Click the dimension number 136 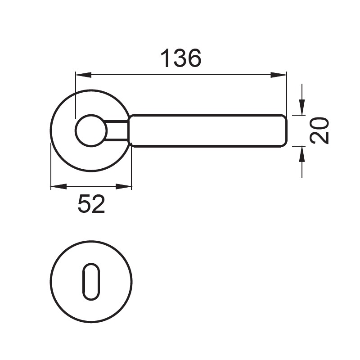coord(181,58)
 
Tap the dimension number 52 coord(91,204)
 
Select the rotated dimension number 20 coord(319,130)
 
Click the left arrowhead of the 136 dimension coord(84,75)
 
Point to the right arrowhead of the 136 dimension coord(279,75)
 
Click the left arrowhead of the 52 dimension coord(58,186)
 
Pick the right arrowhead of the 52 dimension coord(123,186)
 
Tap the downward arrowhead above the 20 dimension coord(302,107)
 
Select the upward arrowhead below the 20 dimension coord(302,154)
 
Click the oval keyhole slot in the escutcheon coord(91,282)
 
